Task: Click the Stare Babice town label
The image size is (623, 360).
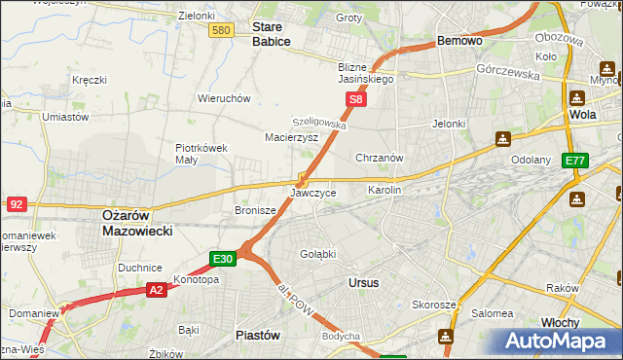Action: pos(272,35)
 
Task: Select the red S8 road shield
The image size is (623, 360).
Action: pos(357,99)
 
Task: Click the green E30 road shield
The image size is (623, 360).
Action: pos(223,259)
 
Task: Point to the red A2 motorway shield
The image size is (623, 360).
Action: pos(157,289)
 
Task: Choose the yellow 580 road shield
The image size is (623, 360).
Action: pos(221,31)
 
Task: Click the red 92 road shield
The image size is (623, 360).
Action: pos(16,204)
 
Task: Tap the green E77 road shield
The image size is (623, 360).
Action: pos(575,161)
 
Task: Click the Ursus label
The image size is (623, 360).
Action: pos(363,282)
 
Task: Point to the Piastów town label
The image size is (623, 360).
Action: pos(259,334)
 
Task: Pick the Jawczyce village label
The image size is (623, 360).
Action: pos(313,194)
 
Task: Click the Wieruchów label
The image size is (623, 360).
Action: pos(225,98)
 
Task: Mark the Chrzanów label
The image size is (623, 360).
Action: pos(380,158)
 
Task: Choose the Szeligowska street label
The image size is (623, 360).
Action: pos(319,124)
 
